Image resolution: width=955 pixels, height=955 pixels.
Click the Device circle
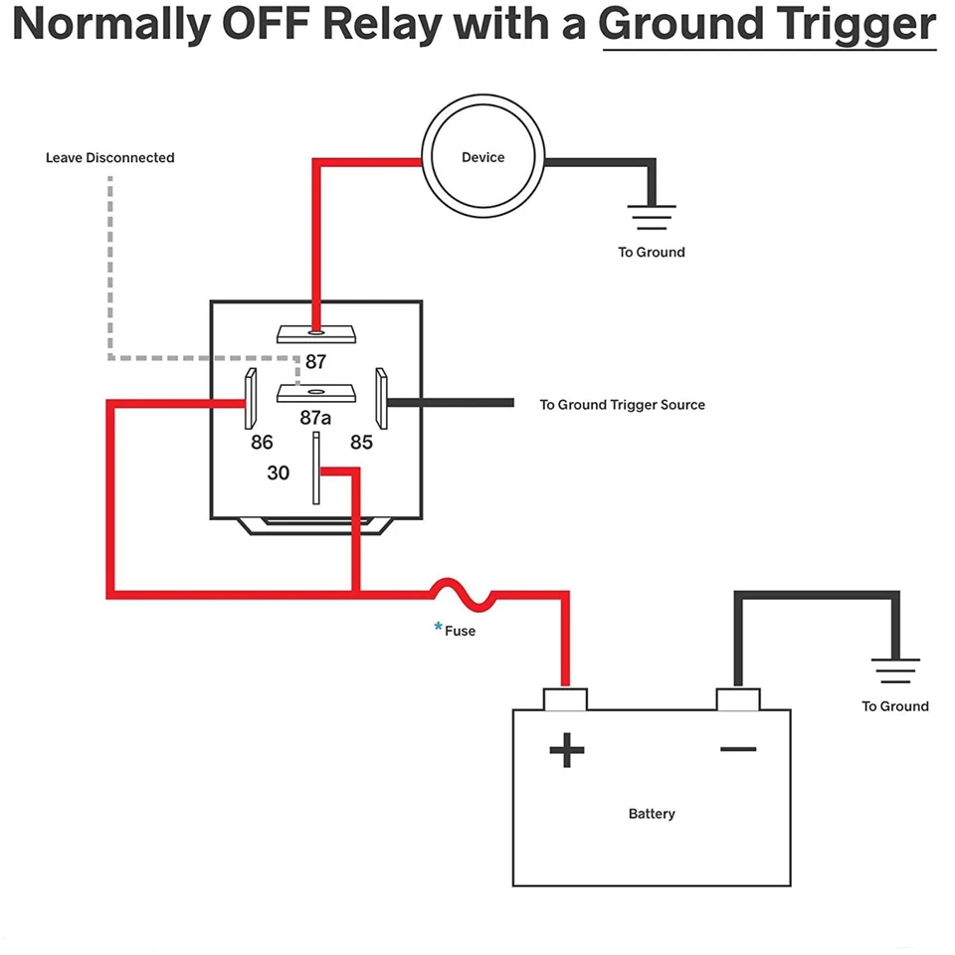[x=483, y=158]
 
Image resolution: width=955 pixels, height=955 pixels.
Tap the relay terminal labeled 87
[x=316, y=333]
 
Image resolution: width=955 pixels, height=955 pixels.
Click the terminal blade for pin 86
[x=251, y=400]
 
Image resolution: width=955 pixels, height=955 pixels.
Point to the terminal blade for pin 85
[x=380, y=400]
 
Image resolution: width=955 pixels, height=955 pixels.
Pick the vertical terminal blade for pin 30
[x=316, y=468]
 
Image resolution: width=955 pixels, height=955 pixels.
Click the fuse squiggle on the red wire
[x=462, y=594]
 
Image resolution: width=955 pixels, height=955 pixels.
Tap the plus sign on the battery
[x=567, y=750]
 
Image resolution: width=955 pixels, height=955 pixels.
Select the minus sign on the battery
[x=738, y=749]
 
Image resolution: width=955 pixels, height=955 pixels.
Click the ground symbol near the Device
[x=652, y=216]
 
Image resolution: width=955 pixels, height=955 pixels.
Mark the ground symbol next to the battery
[x=895, y=669]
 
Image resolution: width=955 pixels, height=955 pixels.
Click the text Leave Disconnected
[x=110, y=158]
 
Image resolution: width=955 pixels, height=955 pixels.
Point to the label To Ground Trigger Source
[x=622, y=405]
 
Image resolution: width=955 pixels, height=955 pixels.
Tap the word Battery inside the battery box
[x=652, y=814]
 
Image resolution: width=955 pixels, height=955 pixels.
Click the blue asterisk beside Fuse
[x=438, y=627]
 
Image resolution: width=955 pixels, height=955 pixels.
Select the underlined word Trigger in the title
[x=855, y=24]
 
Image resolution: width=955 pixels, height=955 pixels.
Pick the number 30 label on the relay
[x=279, y=474]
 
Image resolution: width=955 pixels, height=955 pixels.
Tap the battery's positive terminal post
[x=565, y=698]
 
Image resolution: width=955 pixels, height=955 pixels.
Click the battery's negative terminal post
[x=737, y=698]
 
